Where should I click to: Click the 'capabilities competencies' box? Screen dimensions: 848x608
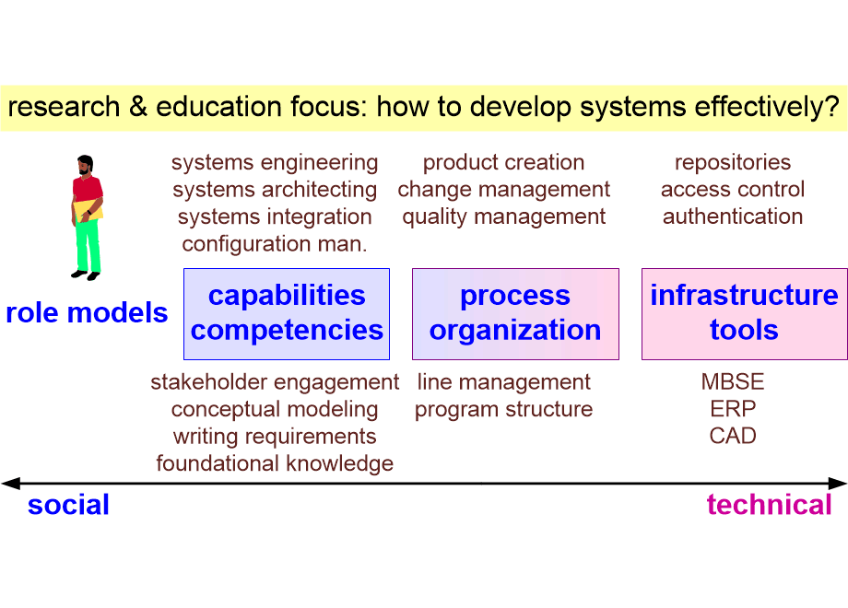(x=287, y=314)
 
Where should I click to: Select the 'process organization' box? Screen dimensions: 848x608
(x=515, y=314)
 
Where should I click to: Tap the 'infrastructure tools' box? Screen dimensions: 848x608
(x=744, y=314)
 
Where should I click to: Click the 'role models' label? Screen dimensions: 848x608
(x=87, y=313)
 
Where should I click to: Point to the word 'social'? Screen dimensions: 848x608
(x=69, y=505)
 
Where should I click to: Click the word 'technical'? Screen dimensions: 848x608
(x=769, y=505)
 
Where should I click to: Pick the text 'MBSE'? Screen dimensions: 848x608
(x=733, y=382)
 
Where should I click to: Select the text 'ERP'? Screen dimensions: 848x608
(x=733, y=409)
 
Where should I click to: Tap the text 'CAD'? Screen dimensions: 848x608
(x=733, y=436)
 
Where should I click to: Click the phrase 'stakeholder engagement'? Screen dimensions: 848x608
(x=275, y=382)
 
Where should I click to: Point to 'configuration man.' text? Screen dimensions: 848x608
(x=275, y=244)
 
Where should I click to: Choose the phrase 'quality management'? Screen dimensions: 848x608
(x=504, y=217)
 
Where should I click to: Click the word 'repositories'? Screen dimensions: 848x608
(x=733, y=163)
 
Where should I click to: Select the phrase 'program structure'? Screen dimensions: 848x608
(x=504, y=410)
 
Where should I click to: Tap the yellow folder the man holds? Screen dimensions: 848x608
(x=88, y=210)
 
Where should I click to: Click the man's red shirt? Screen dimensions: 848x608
(x=87, y=189)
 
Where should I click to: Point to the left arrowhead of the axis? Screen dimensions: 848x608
(x=11, y=483)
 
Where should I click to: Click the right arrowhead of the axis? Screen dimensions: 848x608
(x=837, y=483)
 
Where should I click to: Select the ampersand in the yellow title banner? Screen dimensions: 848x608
(x=138, y=106)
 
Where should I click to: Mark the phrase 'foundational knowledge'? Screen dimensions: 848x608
(x=275, y=464)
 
